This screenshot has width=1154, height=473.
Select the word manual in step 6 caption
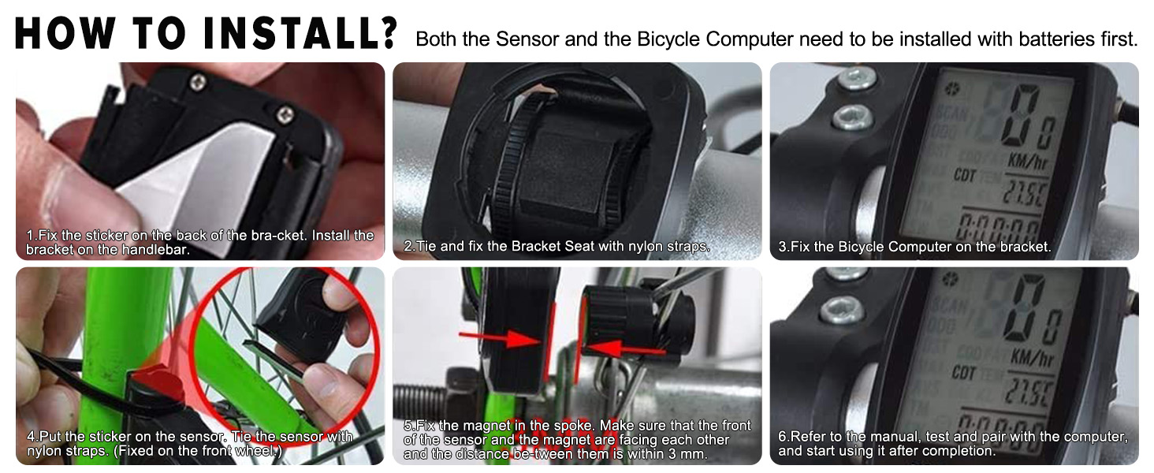coord(898,437)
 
